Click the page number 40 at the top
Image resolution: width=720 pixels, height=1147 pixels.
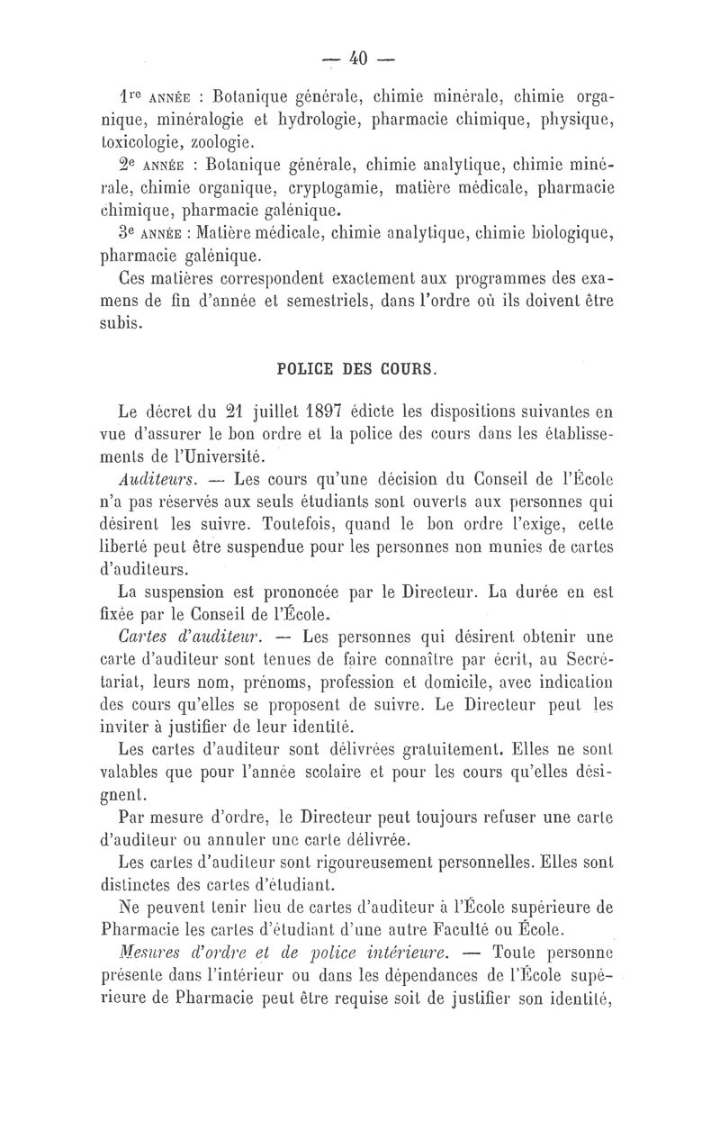359,59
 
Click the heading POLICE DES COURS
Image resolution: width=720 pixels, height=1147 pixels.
358,367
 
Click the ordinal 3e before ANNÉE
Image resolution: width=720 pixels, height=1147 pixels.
130,235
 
